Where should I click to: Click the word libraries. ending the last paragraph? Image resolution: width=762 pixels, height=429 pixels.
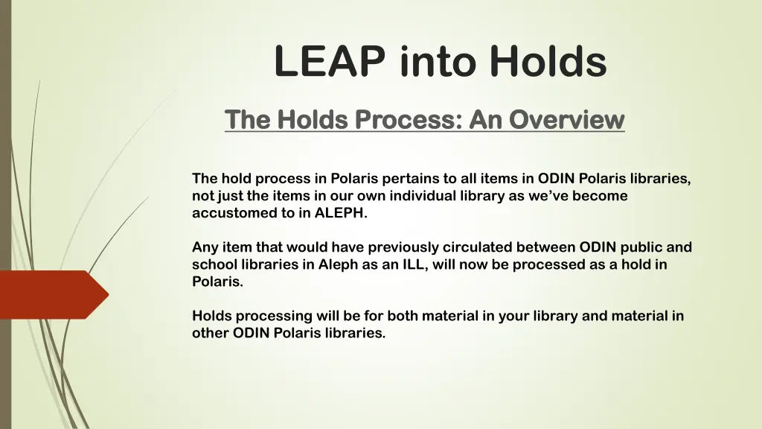click(356, 333)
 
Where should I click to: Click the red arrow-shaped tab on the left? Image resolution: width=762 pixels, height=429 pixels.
click(52, 294)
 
